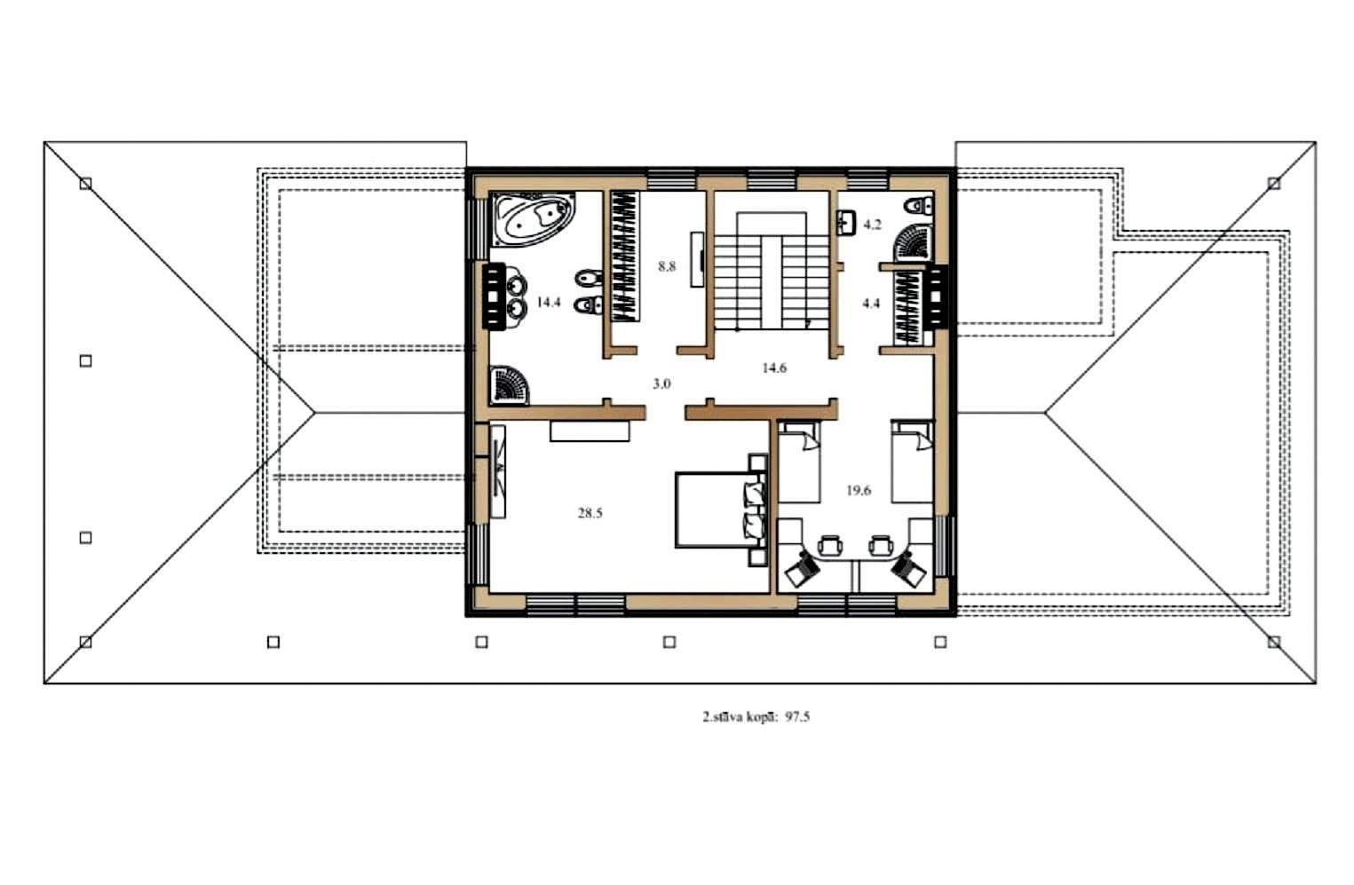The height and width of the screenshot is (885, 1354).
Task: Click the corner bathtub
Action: [x=533, y=219]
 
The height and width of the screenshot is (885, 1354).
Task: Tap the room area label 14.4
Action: [x=549, y=303]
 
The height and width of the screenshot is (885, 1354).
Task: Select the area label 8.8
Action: [x=667, y=266]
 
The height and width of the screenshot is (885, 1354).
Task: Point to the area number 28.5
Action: [x=590, y=513]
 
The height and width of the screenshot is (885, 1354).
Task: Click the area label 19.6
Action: [x=859, y=490]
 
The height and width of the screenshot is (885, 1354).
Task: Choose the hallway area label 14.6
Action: [x=774, y=367]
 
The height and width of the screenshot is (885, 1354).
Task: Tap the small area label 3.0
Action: [x=661, y=383]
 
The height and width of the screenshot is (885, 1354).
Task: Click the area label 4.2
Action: [x=872, y=225]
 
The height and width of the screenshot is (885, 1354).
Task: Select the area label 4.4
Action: [x=871, y=304]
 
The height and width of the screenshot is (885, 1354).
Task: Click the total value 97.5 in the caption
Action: [x=797, y=717]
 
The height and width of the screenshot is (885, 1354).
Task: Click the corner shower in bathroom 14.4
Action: [x=511, y=385]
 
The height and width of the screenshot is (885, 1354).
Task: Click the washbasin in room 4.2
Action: [x=846, y=222]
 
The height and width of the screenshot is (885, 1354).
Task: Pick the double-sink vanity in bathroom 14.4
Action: [x=504, y=296]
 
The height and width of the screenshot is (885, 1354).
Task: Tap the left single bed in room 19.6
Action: [x=799, y=462]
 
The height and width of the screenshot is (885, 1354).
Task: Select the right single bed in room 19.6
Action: [x=912, y=462]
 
